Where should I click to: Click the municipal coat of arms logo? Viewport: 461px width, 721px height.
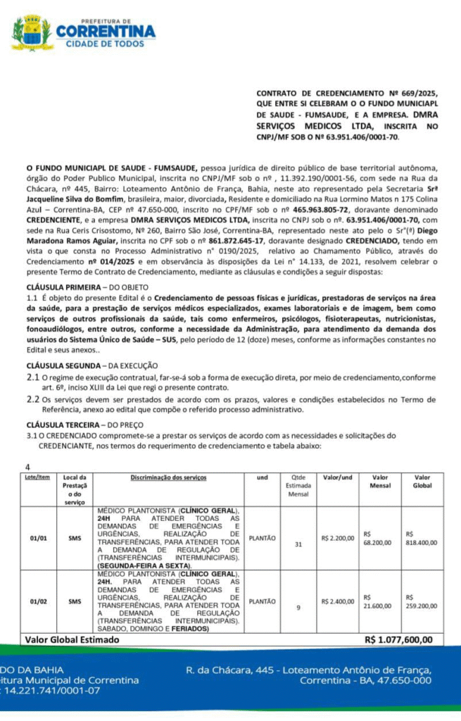click(x=32, y=34)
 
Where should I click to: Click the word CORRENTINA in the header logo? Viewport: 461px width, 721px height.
click(x=106, y=32)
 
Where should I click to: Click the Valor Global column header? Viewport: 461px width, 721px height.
click(x=422, y=482)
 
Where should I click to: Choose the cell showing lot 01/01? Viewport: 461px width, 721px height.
click(x=39, y=539)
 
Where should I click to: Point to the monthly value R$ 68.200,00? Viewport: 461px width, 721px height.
click(x=377, y=539)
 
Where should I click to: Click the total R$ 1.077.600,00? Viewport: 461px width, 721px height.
click(x=398, y=639)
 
